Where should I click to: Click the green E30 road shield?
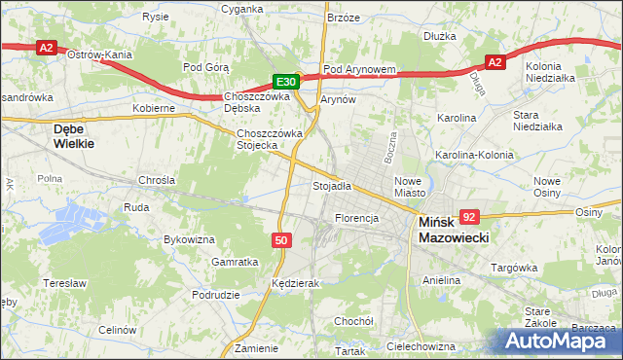point(284,82)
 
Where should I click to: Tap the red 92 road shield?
point(470,217)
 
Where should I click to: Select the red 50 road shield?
point(280,239)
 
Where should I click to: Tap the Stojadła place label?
point(331,185)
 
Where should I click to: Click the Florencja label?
point(356,218)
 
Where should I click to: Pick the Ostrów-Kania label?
point(99,55)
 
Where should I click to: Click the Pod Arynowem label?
point(359,70)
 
